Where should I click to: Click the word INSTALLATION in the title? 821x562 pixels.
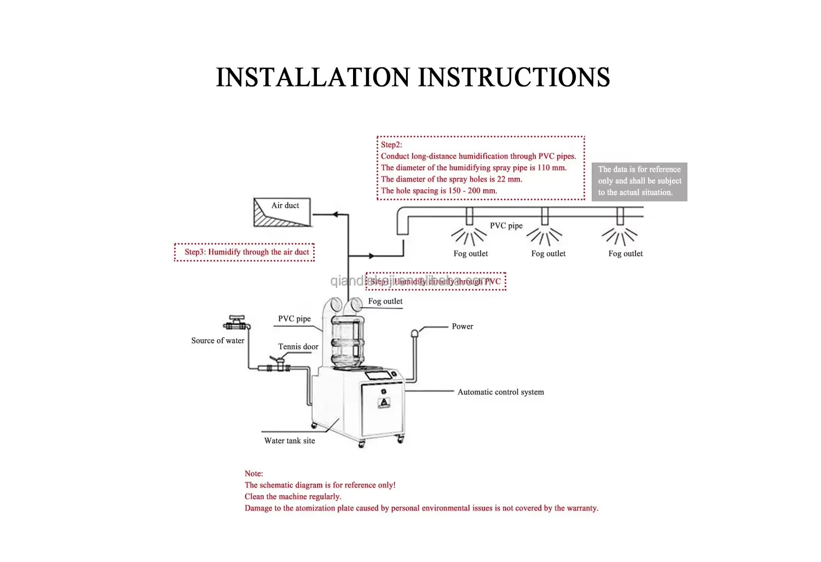tap(313, 77)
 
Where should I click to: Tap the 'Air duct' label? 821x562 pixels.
tap(285, 206)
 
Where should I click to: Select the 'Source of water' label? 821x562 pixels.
tap(218, 340)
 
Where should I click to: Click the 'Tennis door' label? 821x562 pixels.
tap(298, 346)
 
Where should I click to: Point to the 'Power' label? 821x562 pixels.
tap(462, 326)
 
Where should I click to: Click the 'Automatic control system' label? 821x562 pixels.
tap(501, 392)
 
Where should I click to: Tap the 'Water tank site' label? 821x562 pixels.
tap(290, 441)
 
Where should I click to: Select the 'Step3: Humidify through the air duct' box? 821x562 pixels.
tap(245, 252)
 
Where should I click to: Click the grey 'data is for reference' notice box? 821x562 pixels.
tap(639, 181)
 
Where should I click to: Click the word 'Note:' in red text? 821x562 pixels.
tap(254, 473)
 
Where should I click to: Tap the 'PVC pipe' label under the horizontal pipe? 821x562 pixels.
tap(506, 225)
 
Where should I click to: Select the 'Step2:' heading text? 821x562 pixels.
tap(391, 144)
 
